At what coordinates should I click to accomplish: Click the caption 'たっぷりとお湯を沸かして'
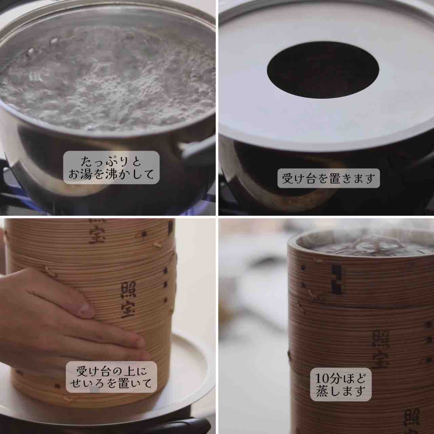tap(111, 167)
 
